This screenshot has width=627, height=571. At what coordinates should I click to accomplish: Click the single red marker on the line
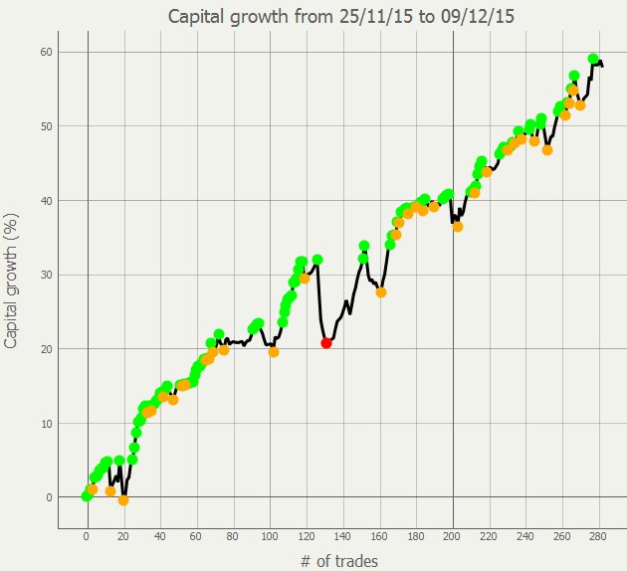(x=326, y=342)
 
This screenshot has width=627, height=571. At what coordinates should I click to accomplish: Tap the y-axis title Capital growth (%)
(x=12, y=280)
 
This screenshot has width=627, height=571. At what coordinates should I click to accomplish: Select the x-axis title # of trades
(x=338, y=561)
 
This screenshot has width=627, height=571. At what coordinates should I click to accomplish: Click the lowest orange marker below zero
(x=123, y=500)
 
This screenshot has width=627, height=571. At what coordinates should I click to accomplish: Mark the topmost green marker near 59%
(x=593, y=59)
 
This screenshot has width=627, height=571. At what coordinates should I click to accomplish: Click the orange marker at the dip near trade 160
(x=381, y=292)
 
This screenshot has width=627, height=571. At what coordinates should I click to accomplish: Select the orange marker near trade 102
(x=274, y=351)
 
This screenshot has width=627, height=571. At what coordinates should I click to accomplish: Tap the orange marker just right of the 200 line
(x=458, y=227)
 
